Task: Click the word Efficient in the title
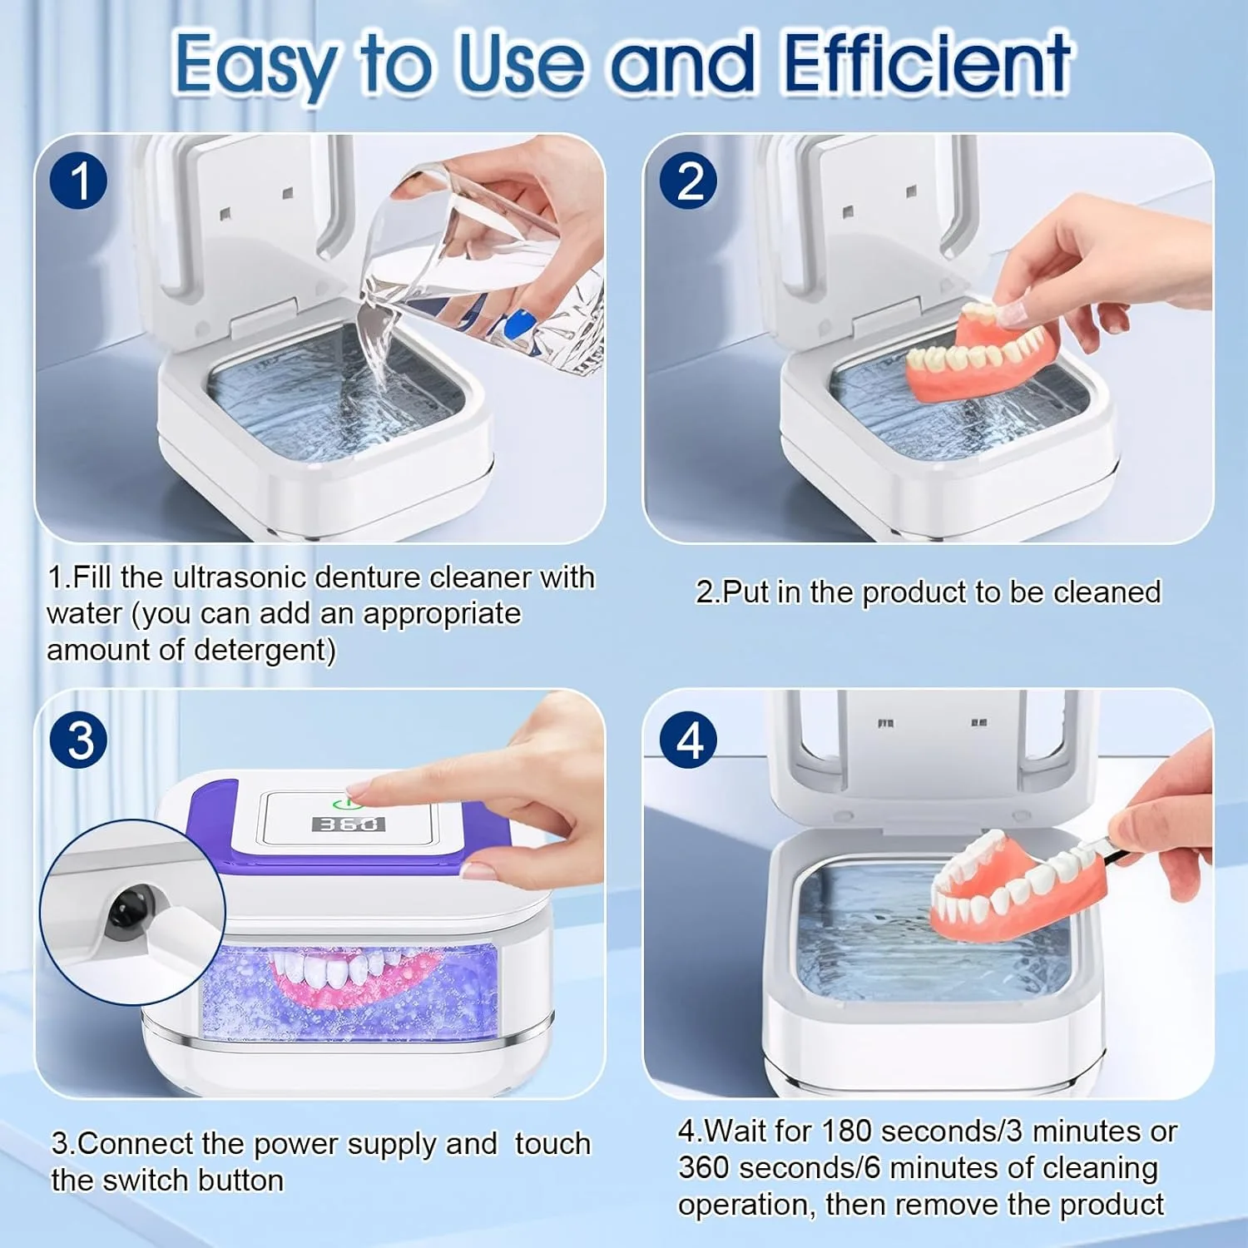[927, 62]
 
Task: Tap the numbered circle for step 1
[79, 181]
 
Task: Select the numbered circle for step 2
[689, 181]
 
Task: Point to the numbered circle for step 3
[79, 740]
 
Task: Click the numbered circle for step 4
[689, 740]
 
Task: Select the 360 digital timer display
[348, 824]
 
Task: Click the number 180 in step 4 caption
[846, 1131]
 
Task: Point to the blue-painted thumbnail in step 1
[518, 322]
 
